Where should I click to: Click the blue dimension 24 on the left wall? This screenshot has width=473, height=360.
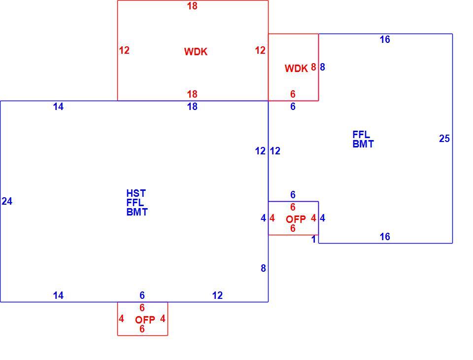(7, 201)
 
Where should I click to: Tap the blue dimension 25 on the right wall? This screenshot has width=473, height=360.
(444, 139)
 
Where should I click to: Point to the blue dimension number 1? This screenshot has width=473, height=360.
(314, 239)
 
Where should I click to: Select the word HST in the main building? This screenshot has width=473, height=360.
(136, 193)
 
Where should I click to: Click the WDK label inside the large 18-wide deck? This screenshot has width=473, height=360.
(196, 52)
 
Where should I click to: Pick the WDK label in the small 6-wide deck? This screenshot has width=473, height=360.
(296, 69)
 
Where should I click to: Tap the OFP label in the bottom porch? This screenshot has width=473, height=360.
(145, 320)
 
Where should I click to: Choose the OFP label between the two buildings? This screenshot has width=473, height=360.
(296, 219)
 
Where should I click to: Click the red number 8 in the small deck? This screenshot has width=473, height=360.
(313, 67)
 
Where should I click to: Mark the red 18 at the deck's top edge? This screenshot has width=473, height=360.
(192, 6)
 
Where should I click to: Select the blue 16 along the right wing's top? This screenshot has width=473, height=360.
(385, 39)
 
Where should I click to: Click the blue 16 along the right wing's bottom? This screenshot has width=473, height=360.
(385, 237)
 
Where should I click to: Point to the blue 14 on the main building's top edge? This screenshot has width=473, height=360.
(58, 107)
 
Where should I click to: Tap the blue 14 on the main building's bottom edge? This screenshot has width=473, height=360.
(58, 295)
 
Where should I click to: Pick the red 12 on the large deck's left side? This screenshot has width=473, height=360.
(124, 50)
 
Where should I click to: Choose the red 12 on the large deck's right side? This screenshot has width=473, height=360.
(260, 50)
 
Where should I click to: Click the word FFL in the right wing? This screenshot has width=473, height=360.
(361, 135)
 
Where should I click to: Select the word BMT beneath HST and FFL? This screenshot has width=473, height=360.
(137, 213)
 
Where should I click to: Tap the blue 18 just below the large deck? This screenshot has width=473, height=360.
(192, 107)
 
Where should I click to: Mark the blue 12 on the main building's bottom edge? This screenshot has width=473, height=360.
(217, 295)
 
